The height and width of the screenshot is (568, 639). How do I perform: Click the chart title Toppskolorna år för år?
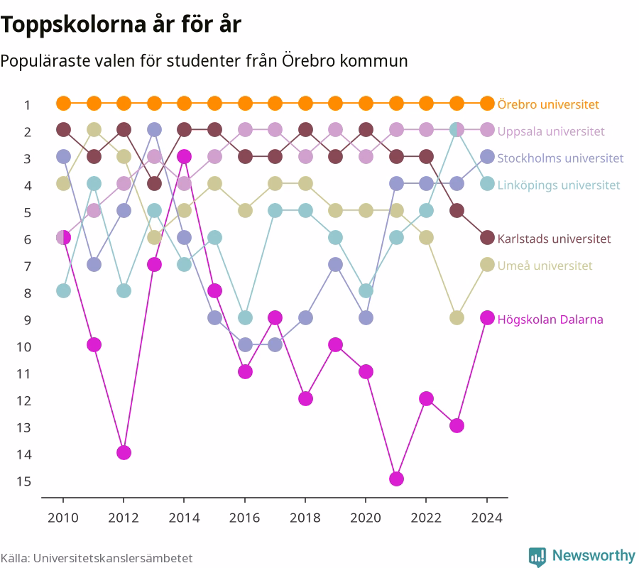click(x=121, y=24)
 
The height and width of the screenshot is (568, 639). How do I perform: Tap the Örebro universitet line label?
click(x=548, y=104)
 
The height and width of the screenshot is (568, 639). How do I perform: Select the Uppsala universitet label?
click(x=551, y=131)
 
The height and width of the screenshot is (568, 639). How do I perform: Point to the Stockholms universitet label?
click(x=560, y=158)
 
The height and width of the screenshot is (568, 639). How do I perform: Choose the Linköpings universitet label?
click(x=559, y=185)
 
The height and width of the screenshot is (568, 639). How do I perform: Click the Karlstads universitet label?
click(x=555, y=239)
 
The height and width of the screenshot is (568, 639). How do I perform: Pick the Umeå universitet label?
click(x=545, y=266)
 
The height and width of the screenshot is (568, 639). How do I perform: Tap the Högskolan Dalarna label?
click(x=550, y=319)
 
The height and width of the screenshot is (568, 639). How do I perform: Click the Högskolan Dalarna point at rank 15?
click(x=396, y=479)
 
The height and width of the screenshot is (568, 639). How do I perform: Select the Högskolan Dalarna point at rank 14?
click(x=124, y=452)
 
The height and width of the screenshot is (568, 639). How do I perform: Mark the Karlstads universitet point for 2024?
click(x=487, y=238)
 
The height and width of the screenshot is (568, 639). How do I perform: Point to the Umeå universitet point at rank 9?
click(x=457, y=318)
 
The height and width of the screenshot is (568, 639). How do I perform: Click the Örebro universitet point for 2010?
click(x=63, y=104)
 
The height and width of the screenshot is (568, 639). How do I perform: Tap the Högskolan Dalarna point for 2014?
click(x=184, y=156)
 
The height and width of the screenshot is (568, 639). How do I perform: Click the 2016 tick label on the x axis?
click(x=244, y=518)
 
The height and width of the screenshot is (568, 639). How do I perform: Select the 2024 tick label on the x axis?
click(x=487, y=518)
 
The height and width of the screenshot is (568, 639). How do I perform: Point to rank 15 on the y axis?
click(x=23, y=481)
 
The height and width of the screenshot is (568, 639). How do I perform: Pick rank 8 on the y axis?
click(x=27, y=293)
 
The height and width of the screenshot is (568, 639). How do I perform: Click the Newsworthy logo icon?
click(x=537, y=557)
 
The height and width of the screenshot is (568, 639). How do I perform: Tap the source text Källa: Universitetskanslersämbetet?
click(x=97, y=558)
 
